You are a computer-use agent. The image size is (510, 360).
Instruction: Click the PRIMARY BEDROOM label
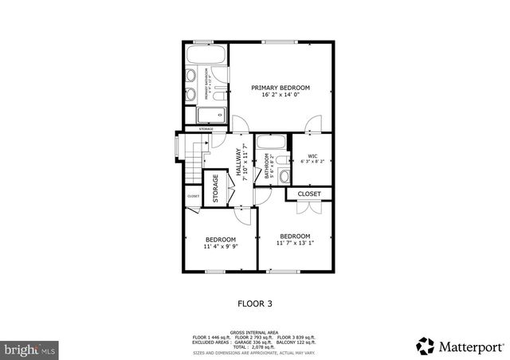pos(280,87)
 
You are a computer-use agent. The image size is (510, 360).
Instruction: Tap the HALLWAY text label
pos(238,164)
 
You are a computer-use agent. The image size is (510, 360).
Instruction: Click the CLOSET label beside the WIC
pos(309,194)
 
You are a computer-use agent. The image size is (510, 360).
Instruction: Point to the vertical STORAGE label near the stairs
pos(215,188)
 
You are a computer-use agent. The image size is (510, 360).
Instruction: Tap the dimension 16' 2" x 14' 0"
pos(280,95)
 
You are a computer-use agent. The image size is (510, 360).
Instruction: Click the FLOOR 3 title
pos(255,303)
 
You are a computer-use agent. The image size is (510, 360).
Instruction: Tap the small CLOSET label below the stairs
pos(193,196)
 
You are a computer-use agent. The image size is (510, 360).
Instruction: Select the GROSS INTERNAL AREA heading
pos(254,331)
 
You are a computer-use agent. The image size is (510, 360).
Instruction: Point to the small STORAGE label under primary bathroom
pos(206,129)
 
